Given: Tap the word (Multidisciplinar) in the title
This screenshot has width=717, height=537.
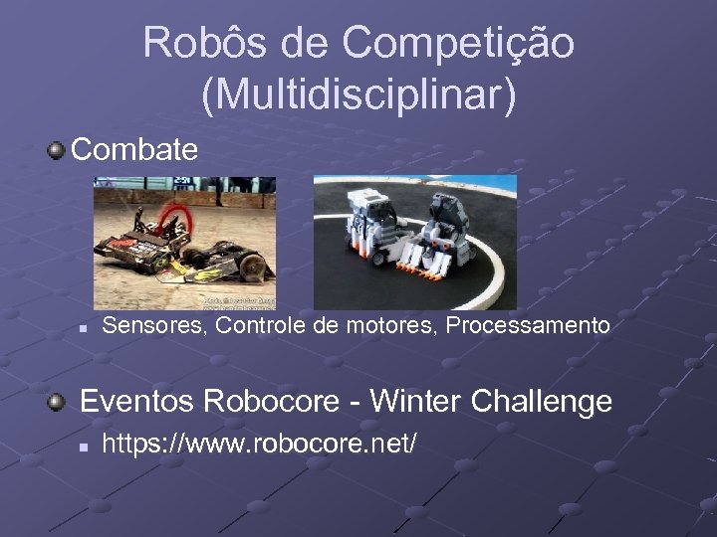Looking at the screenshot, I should pyautogui.click(x=358, y=94).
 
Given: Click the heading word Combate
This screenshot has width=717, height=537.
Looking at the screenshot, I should pyautogui.click(x=134, y=150).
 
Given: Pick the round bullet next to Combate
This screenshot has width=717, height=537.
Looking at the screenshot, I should pyautogui.click(x=58, y=151).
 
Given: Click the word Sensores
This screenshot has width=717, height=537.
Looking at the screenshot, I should pyautogui.click(x=152, y=325).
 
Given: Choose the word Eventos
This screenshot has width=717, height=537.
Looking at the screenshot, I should pyautogui.click(x=136, y=402).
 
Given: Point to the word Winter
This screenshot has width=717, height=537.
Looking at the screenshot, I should pyautogui.click(x=422, y=402).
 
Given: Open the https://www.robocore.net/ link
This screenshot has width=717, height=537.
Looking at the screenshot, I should pyautogui.click(x=260, y=444).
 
